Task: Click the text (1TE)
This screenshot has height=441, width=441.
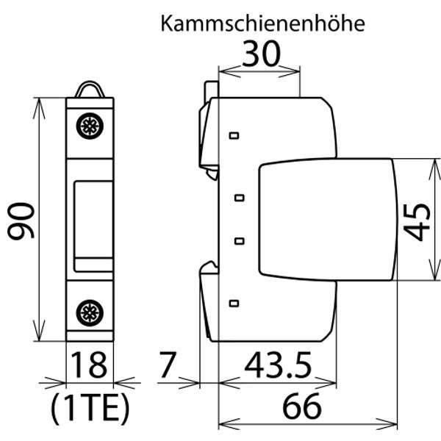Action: [x=91, y=406]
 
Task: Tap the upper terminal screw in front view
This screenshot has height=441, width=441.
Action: [x=90, y=126]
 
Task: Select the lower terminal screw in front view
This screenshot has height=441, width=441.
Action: [x=90, y=312]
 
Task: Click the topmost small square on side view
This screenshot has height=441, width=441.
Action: [x=234, y=136]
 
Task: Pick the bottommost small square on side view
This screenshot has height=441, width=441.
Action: [x=234, y=303]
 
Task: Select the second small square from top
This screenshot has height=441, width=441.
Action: [x=239, y=197]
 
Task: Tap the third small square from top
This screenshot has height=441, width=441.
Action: [x=239, y=240]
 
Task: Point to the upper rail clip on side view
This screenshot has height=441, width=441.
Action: [x=207, y=132]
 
